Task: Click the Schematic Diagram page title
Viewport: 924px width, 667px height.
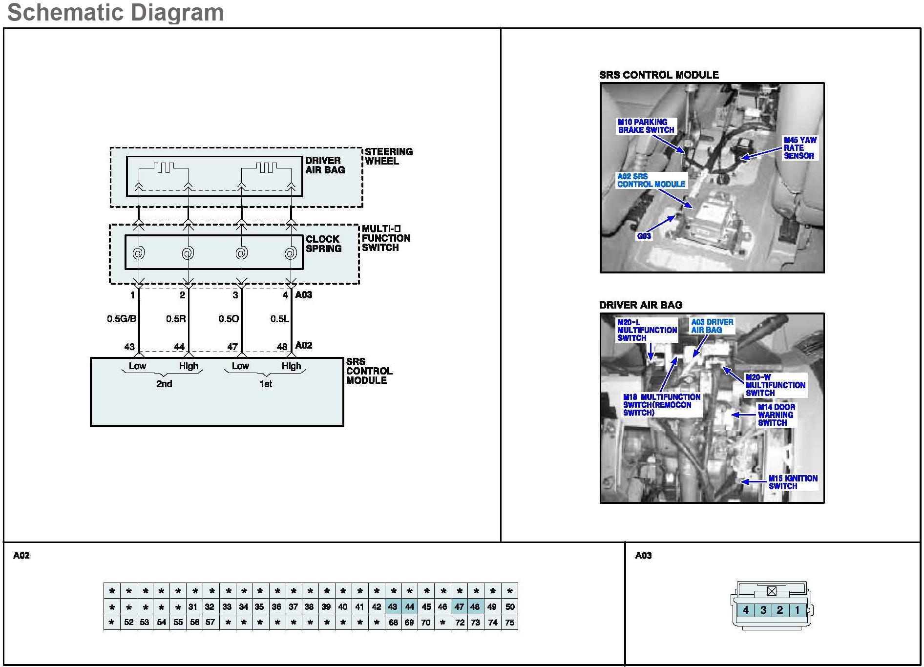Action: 115,12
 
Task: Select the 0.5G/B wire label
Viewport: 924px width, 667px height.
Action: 122,319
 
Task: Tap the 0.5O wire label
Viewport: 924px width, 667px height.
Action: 229,319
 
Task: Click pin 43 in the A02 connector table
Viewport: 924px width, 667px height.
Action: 393,607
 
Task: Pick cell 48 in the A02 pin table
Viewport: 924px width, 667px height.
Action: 475,607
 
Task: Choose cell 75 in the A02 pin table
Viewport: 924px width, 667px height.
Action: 509,623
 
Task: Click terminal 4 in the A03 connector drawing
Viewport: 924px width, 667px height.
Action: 746,610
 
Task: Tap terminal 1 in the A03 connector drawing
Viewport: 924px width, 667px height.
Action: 797,610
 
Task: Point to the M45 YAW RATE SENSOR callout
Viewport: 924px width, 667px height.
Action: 799,148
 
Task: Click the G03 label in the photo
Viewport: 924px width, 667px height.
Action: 644,236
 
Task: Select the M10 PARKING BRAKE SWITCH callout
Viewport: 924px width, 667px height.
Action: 646,126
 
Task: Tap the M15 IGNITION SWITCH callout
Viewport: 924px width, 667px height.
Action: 792,482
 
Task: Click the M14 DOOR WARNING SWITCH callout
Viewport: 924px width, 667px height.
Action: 776,415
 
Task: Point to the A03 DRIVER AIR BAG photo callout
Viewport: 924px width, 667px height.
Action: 712,326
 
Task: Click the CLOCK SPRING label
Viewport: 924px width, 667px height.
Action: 323,244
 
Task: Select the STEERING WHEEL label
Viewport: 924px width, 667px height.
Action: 388,156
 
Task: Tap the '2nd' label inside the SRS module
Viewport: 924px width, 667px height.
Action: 164,384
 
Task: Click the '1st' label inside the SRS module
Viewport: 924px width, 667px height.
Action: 266,384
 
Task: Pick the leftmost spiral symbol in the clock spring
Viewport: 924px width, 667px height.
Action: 139,253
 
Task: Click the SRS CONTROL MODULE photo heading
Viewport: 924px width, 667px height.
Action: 659,75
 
